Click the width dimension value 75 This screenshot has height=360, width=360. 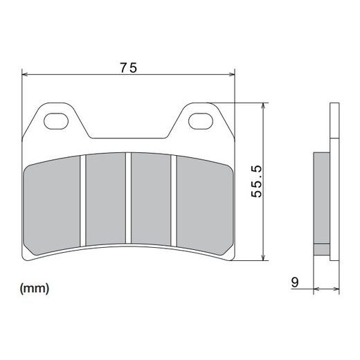pyautogui.click(x=128, y=67)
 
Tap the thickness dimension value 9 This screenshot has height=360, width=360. pyautogui.click(x=295, y=282)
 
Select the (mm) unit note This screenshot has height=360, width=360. pyautogui.click(x=35, y=286)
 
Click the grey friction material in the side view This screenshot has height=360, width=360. pyautogui.click(x=322, y=201)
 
